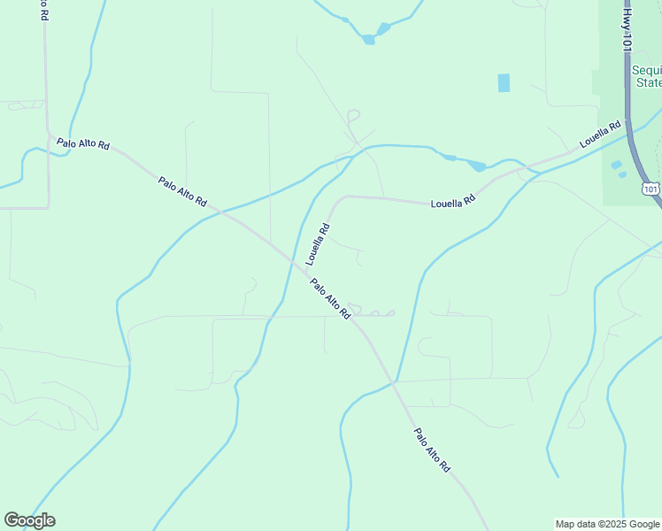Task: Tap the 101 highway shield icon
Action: [x=651, y=189]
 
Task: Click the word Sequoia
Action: [x=646, y=70]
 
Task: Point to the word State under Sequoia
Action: [x=650, y=83]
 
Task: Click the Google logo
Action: [x=29, y=520]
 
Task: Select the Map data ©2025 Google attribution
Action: [x=607, y=524]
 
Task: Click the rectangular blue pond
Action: [x=504, y=82]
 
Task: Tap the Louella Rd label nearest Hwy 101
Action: [x=601, y=137]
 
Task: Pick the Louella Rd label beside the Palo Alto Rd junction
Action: [x=318, y=244]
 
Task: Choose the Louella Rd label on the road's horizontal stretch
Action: [x=453, y=201]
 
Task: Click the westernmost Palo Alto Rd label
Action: [x=83, y=142]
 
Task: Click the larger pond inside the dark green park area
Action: [x=616, y=165]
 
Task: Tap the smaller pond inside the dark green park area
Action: [x=623, y=174]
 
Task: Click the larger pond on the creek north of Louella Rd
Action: [x=477, y=165]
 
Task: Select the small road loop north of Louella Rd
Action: [x=353, y=115]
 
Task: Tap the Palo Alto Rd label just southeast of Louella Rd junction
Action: [x=331, y=298]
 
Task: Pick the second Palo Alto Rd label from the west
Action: [x=182, y=192]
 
